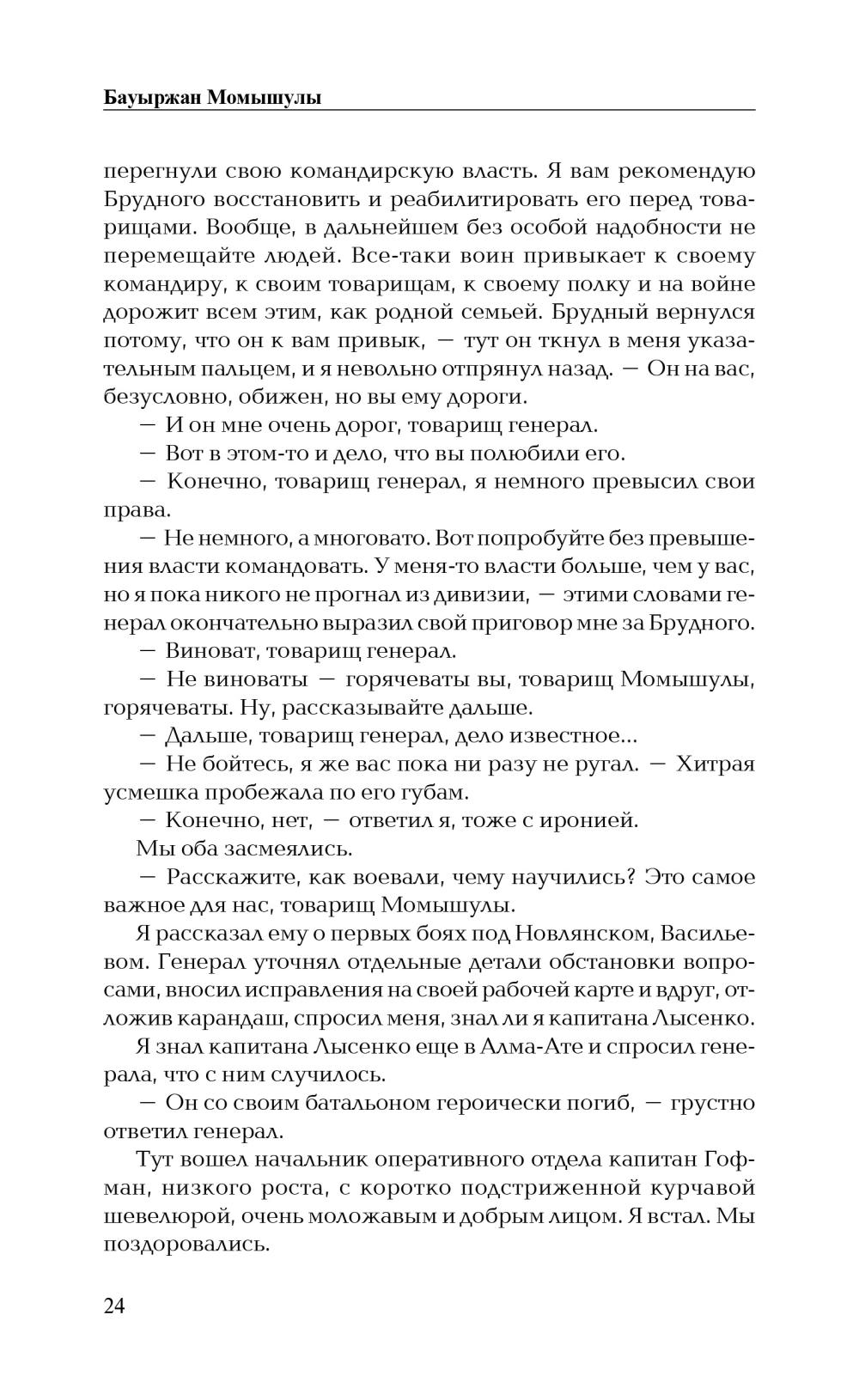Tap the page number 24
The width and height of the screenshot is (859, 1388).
click(x=114, y=1306)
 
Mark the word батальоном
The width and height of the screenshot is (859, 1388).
click(x=362, y=1103)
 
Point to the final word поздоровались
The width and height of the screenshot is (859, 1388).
click(x=186, y=1245)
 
